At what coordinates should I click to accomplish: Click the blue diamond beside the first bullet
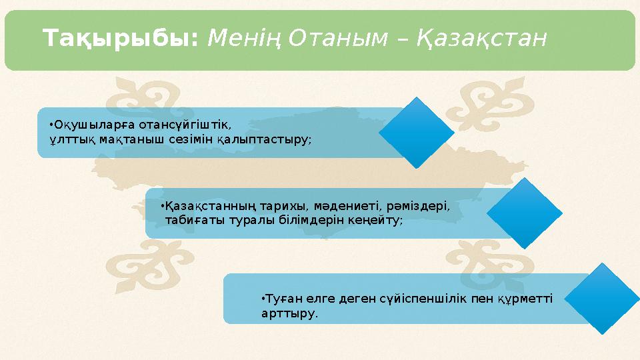pyautogui.click(x=418, y=133)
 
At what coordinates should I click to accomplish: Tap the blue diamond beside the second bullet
pyautogui.click(x=525, y=213)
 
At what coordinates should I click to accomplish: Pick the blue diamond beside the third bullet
pyautogui.click(x=602, y=298)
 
